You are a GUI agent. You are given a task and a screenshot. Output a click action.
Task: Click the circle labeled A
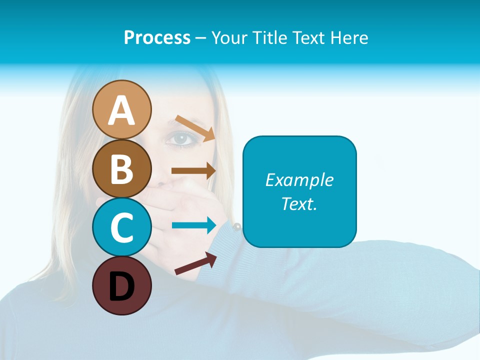point(121,109)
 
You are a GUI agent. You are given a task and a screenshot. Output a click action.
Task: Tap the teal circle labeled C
point(121,227)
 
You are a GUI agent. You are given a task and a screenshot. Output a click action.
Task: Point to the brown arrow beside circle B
point(193,170)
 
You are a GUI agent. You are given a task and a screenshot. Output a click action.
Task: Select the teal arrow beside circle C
point(193,225)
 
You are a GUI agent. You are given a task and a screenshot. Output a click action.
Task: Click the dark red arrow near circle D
point(195,263)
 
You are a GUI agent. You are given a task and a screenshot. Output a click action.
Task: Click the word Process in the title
point(157,38)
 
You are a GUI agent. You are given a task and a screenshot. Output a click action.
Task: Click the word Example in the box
point(299,180)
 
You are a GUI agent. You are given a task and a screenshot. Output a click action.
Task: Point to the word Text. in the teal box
point(299,203)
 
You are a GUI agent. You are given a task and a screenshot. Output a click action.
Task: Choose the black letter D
point(121,286)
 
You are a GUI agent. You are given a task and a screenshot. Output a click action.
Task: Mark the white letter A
point(121,110)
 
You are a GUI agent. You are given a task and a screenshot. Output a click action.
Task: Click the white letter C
point(121,227)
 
